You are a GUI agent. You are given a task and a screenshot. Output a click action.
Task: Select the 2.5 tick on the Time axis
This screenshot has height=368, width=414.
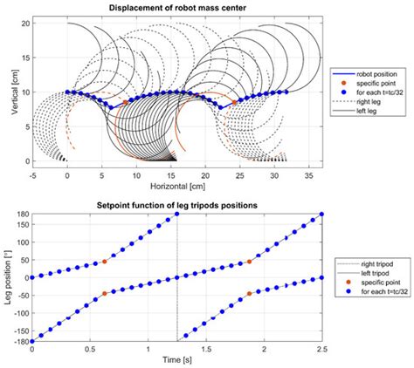[x=323, y=349]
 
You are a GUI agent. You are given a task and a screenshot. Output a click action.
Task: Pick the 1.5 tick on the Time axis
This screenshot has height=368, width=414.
[x=207, y=349]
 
